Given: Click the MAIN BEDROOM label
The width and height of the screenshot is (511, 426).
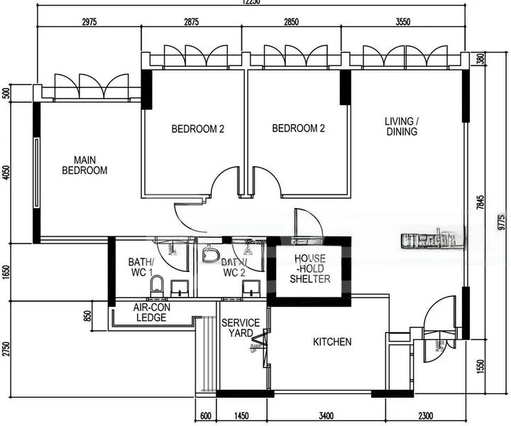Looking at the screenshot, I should point(84,165).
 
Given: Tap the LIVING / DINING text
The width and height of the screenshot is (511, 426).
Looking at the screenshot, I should point(401,126).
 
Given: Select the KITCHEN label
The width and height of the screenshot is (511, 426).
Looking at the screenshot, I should point(332,342).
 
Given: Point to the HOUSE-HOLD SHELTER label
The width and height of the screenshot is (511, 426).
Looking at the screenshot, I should point(309,268).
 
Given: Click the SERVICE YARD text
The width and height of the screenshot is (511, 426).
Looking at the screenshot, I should point(241,328).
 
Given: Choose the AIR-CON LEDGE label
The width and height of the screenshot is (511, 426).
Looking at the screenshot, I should point(150,312).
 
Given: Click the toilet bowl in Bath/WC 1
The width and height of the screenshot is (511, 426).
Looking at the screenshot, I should point(158,285).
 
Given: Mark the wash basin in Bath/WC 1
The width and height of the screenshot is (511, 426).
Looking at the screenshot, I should point(180,288).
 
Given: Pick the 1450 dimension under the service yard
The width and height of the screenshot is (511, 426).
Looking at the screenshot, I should point(241,415).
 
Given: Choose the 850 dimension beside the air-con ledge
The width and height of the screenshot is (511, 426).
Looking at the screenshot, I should point(87,315).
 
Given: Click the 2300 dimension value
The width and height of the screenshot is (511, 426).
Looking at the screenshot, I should point(426,415).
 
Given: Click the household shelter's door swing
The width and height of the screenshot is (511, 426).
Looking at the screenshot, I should point(307,222).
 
